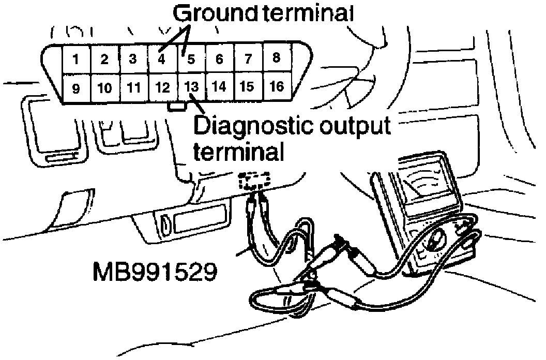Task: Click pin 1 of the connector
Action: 76,59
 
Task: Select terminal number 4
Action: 162,59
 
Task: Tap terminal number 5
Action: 191,59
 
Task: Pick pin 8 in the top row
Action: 276,58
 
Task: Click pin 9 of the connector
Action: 76,88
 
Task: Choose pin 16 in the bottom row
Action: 277,86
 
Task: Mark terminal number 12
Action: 162,87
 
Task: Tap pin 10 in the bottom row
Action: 105,88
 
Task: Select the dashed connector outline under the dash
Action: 254,181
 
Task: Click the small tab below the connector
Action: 177,107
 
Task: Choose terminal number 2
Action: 104,59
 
